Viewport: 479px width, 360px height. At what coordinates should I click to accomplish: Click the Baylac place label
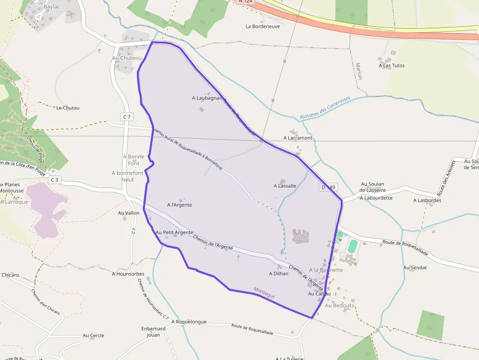(52, 7)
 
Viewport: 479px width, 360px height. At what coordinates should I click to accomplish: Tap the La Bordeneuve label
(262, 26)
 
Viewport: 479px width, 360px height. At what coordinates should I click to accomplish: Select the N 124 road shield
(245, 2)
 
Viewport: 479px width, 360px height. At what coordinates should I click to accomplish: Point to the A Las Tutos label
(392, 65)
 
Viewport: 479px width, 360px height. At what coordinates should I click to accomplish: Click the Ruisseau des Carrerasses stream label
(325, 108)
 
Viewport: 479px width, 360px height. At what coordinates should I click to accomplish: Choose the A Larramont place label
(298, 138)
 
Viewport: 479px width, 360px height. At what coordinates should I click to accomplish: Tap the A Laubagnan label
(207, 98)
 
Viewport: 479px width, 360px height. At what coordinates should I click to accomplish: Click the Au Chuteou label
(127, 58)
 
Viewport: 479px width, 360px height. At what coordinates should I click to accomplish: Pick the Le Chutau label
(68, 107)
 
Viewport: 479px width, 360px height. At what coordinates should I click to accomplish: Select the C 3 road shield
(54, 180)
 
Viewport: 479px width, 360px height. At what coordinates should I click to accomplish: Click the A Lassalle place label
(285, 186)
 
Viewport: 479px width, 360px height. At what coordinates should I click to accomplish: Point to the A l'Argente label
(179, 205)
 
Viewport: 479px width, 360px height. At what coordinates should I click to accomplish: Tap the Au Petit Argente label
(174, 233)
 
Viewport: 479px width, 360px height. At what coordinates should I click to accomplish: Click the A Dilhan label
(279, 274)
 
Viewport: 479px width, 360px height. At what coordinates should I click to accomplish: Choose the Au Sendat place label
(415, 268)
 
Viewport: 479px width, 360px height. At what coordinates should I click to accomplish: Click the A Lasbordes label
(427, 200)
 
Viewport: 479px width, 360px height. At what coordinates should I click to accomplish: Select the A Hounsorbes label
(128, 274)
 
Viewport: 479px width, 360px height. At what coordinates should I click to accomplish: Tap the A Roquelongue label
(189, 322)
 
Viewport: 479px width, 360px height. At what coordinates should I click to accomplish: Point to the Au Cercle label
(93, 336)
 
